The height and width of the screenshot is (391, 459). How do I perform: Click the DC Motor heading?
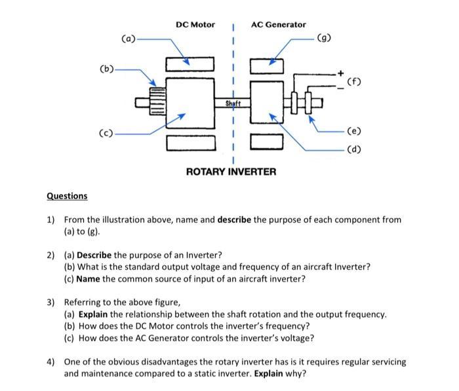[195, 24]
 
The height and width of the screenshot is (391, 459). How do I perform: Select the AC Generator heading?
[278, 24]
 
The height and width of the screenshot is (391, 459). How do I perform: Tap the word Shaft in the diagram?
[233, 103]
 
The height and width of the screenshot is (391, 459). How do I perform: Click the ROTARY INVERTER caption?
[231, 172]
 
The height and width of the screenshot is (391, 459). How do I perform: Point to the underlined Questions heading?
[67, 196]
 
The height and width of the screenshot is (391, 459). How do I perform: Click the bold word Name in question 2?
[89, 279]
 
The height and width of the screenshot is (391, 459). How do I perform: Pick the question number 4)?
[50, 362]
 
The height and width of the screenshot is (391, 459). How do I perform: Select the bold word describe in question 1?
[234, 219]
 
